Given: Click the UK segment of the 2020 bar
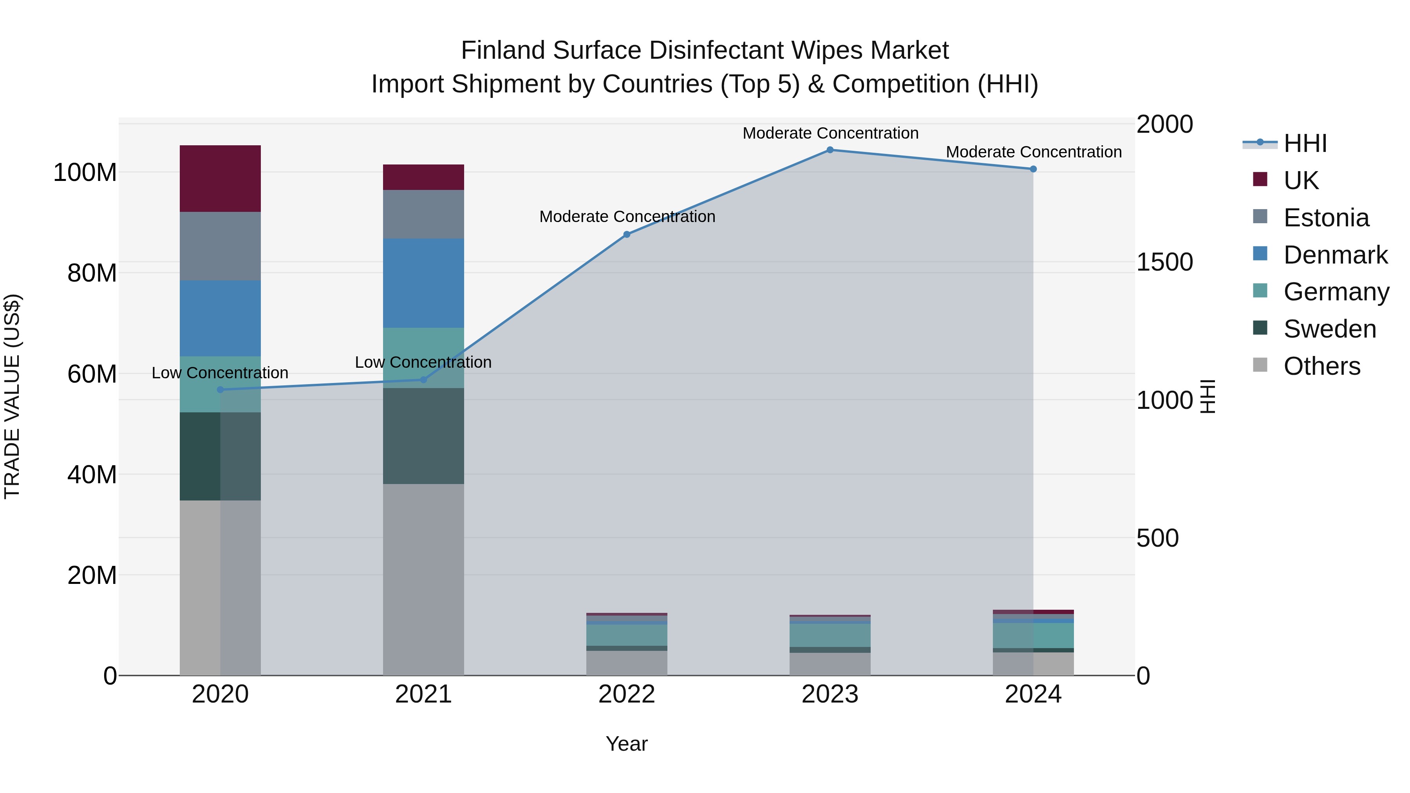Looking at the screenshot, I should pos(220,179).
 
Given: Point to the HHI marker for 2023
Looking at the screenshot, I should pos(830,150).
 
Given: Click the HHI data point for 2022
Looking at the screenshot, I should pos(627,234).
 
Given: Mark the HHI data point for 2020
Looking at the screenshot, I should pos(220,390).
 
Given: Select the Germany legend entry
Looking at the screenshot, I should pos(1336,292).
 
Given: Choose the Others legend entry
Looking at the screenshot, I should pos(1321,366).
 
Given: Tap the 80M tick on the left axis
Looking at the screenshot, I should pos(92,273).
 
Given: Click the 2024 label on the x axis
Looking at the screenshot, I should pos(1033,694).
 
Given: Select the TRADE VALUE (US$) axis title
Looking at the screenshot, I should pos(12,396).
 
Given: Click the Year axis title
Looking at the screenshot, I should pos(627,744).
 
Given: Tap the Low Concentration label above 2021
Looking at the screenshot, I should pos(423,362).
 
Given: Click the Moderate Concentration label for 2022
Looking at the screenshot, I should pos(627,217).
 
